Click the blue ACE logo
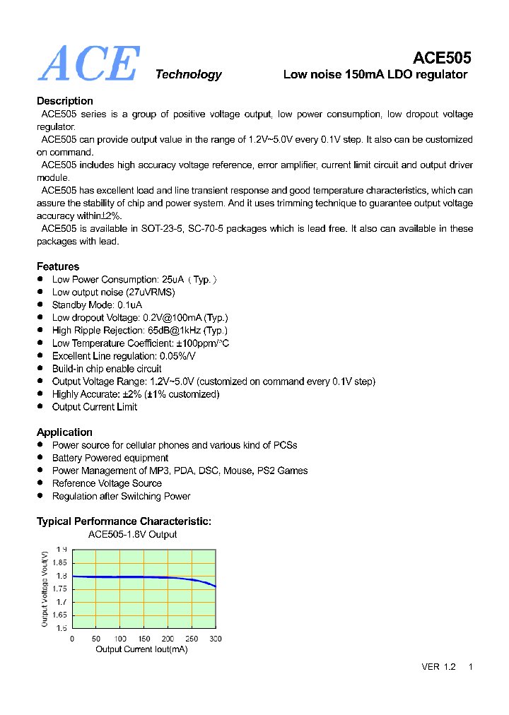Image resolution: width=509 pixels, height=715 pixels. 88,64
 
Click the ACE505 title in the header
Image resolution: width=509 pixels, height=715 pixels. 442,58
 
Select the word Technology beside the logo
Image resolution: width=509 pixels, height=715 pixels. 188,75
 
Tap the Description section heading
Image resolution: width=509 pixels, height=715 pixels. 64,101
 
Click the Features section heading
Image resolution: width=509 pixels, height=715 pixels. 58,266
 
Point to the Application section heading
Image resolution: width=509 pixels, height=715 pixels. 64,432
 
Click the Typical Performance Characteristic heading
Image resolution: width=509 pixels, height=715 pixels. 124,521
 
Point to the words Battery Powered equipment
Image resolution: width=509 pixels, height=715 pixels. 110,458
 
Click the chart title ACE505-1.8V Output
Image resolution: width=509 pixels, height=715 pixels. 132,535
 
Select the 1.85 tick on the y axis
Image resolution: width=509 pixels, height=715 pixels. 59,562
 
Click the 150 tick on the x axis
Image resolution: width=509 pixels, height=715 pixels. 144,639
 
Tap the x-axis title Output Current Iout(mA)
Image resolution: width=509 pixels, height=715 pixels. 141,649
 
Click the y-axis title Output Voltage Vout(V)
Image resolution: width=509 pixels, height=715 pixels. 45,589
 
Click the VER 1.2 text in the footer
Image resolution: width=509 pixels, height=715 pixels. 438,667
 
